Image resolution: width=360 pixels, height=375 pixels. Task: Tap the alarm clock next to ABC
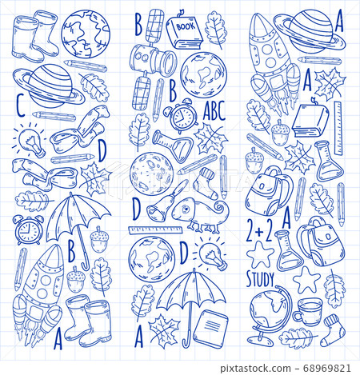(183, 118)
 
